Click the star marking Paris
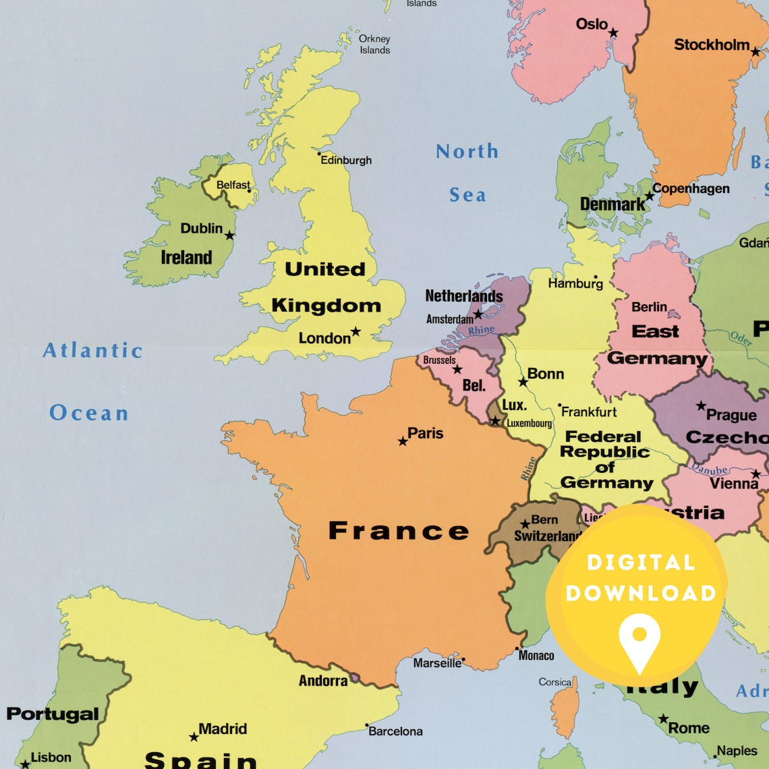(403, 441)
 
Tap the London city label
(324, 338)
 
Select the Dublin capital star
(230, 235)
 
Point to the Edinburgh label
(346, 161)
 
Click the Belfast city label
(233, 185)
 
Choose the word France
(398, 531)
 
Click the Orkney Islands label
(374, 45)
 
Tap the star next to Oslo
(613, 32)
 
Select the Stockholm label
(712, 45)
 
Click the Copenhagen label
(691, 189)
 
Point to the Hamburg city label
(575, 283)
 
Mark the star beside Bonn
(523, 382)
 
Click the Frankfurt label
(589, 411)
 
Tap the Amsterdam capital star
(478, 314)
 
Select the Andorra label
(323, 681)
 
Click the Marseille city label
(437, 663)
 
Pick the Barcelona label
(396, 731)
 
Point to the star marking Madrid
(194, 737)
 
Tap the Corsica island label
(555, 682)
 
